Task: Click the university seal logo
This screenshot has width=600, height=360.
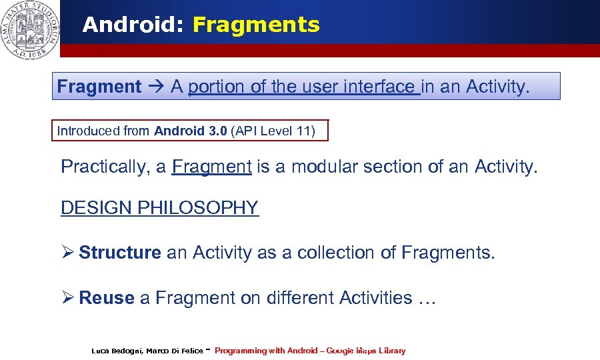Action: (x=29, y=29)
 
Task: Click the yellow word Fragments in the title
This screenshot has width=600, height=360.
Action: (x=256, y=25)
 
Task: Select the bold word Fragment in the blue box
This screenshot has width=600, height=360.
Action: (x=99, y=87)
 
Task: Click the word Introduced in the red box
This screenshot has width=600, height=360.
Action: (x=86, y=131)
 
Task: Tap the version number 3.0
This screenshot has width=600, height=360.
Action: (x=217, y=131)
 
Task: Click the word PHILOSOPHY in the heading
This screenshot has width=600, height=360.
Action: (x=197, y=208)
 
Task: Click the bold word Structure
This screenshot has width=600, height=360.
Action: (x=120, y=253)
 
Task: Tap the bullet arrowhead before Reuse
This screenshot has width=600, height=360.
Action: (x=67, y=298)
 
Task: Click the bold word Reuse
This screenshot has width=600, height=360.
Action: (x=107, y=298)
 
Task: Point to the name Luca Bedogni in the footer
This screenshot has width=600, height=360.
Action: (x=114, y=351)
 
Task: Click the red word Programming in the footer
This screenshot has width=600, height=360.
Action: (x=240, y=351)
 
